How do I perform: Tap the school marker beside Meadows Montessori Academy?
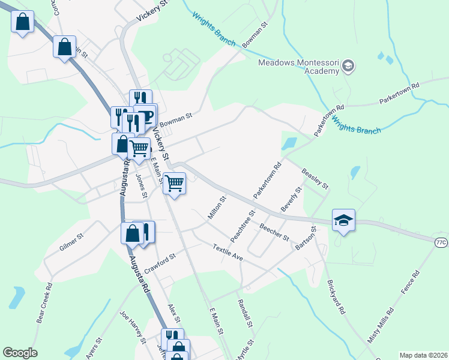[349, 66]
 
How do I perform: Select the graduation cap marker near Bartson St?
[343, 220]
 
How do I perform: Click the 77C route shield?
[441, 242]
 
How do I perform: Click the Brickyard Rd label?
[336, 297]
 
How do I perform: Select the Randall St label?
[244, 314]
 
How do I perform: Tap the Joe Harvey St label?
[133, 326]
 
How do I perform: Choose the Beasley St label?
[315, 179]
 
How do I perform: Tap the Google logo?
[20, 353]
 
